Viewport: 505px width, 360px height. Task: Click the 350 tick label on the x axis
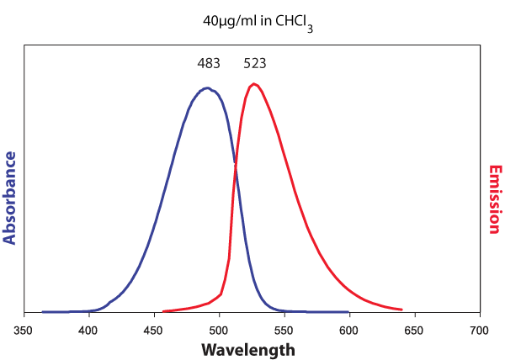click(x=24, y=331)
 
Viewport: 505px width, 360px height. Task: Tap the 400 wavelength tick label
click(x=89, y=331)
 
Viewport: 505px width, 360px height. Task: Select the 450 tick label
click(x=154, y=331)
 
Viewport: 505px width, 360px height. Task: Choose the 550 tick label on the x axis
click(x=284, y=331)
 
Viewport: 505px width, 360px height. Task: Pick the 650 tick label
click(x=415, y=331)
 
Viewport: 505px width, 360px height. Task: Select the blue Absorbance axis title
click(x=10, y=198)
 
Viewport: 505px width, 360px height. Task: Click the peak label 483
click(x=208, y=63)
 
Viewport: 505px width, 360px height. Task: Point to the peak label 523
click(x=255, y=63)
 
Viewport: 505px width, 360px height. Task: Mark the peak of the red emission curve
click(x=252, y=83)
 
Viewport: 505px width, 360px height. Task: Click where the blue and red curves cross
click(x=235, y=167)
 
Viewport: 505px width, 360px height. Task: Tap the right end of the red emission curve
click(x=401, y=310)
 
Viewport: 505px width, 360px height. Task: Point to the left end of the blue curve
click(x=43, y=311)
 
